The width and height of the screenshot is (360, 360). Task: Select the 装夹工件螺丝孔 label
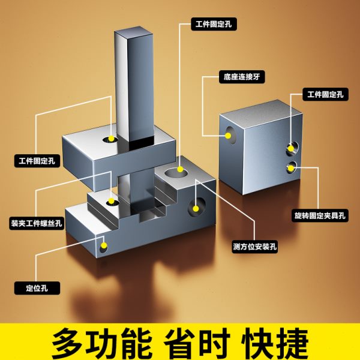38,224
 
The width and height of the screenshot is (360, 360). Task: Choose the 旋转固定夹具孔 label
321,214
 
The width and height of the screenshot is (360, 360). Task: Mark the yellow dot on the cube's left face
228,135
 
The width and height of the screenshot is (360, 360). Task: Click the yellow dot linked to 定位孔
104,245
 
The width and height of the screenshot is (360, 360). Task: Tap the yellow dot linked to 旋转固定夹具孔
292,166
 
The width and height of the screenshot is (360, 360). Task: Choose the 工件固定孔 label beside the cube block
325,94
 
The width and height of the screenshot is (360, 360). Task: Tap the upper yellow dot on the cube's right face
292,146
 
